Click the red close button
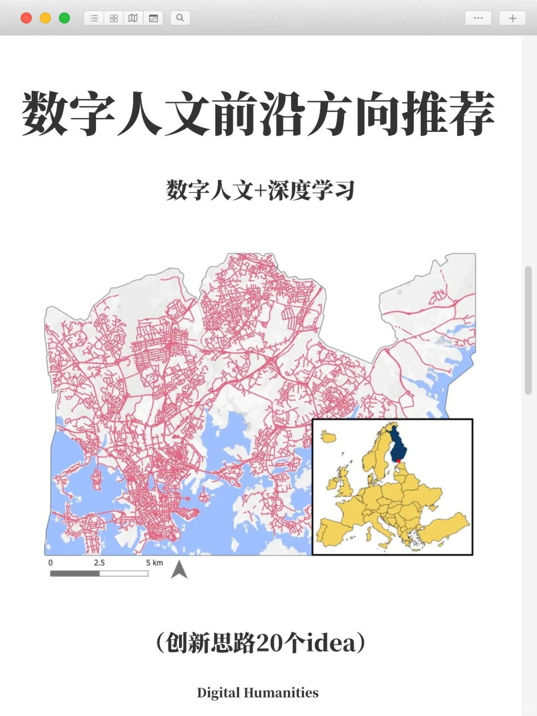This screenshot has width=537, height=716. (x=26, y=18)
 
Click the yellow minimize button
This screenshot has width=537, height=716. (x=45, y=18)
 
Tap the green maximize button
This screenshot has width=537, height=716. (x=64, y=18)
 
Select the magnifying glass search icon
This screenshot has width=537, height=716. (x=180, y=18)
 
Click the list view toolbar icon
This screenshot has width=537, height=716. (x=94, y=18)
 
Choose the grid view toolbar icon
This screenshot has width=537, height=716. (x=114, y=18)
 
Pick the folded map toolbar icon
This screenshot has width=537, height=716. (x=133, y=18)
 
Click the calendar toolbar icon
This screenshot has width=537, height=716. (x=153, y=18)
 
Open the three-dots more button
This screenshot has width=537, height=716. (x=478, y=18)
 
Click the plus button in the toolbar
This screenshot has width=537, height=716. (x=512, y=18)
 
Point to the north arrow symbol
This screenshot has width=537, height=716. (x=179, y=570)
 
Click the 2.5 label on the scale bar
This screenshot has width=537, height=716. (x=99, y=563)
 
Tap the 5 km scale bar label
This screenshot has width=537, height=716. (x=154, y=563)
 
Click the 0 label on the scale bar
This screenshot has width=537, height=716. (x=50, y=563)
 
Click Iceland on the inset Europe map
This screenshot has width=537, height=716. (x=328, y=438)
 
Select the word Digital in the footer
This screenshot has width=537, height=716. (x=218, y=693)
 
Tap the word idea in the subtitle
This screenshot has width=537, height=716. (x=331, y=643)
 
